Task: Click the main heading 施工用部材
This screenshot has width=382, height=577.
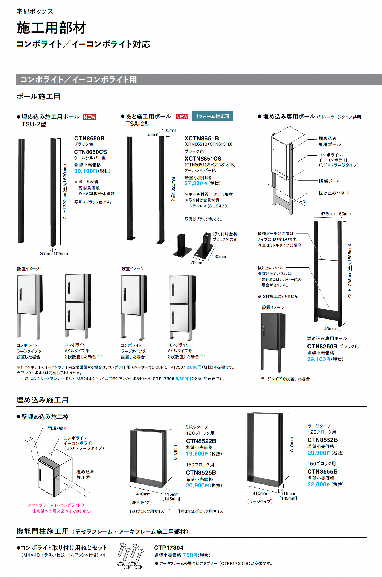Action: tap(51, 28)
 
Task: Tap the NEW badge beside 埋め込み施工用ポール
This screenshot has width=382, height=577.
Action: tap(89, 117)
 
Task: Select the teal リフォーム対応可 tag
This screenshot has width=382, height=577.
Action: tap(212, 116)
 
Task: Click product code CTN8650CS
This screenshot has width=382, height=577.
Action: tap(91, 152)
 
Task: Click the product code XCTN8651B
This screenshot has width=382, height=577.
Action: tap(201, 138)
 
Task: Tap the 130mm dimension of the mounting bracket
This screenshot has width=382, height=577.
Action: tap(219, 257)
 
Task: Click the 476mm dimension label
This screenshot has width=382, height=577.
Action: tap(328, 214)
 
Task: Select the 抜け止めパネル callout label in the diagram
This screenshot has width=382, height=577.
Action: tap(334, 193)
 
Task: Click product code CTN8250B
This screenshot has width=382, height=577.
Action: tap(322, 346)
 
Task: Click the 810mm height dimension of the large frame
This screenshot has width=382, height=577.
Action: tap(292, 444)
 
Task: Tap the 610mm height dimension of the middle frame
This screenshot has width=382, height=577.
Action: tap(175, 452)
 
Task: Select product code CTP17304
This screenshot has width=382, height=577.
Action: tap(169, 548)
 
